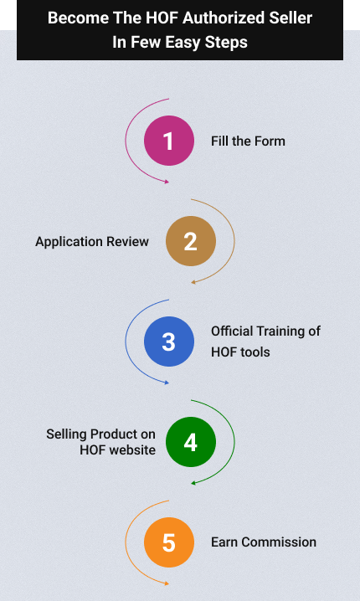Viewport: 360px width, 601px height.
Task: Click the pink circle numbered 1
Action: (x=169, y=141)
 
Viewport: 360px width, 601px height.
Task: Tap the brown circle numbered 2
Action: (x=191, y=241)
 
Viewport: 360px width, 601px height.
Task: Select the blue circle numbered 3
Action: (x=169, y=342)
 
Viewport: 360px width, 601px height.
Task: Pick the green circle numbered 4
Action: (x=191, y=442)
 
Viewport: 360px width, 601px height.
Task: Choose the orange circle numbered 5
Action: (x=169, y=542)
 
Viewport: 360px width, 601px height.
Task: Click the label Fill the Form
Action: (x=248, y=141)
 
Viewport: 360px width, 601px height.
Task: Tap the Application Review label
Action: (x=92, y=242)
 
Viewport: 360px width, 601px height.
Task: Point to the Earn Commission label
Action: (x=264, y=542)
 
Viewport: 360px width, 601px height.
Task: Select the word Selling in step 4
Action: (x=67, y=434)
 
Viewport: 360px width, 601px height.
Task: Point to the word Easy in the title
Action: (x=183, y=42)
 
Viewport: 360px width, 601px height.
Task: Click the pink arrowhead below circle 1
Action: (x=167, y=182)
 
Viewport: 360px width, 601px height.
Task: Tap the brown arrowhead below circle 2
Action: (x=193, y=282)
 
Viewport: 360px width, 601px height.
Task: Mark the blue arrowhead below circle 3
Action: (x=167, y=383)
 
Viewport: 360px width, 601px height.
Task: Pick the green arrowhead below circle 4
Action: (x=193, y=483)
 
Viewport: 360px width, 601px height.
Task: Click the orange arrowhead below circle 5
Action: (x=167, y=583)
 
